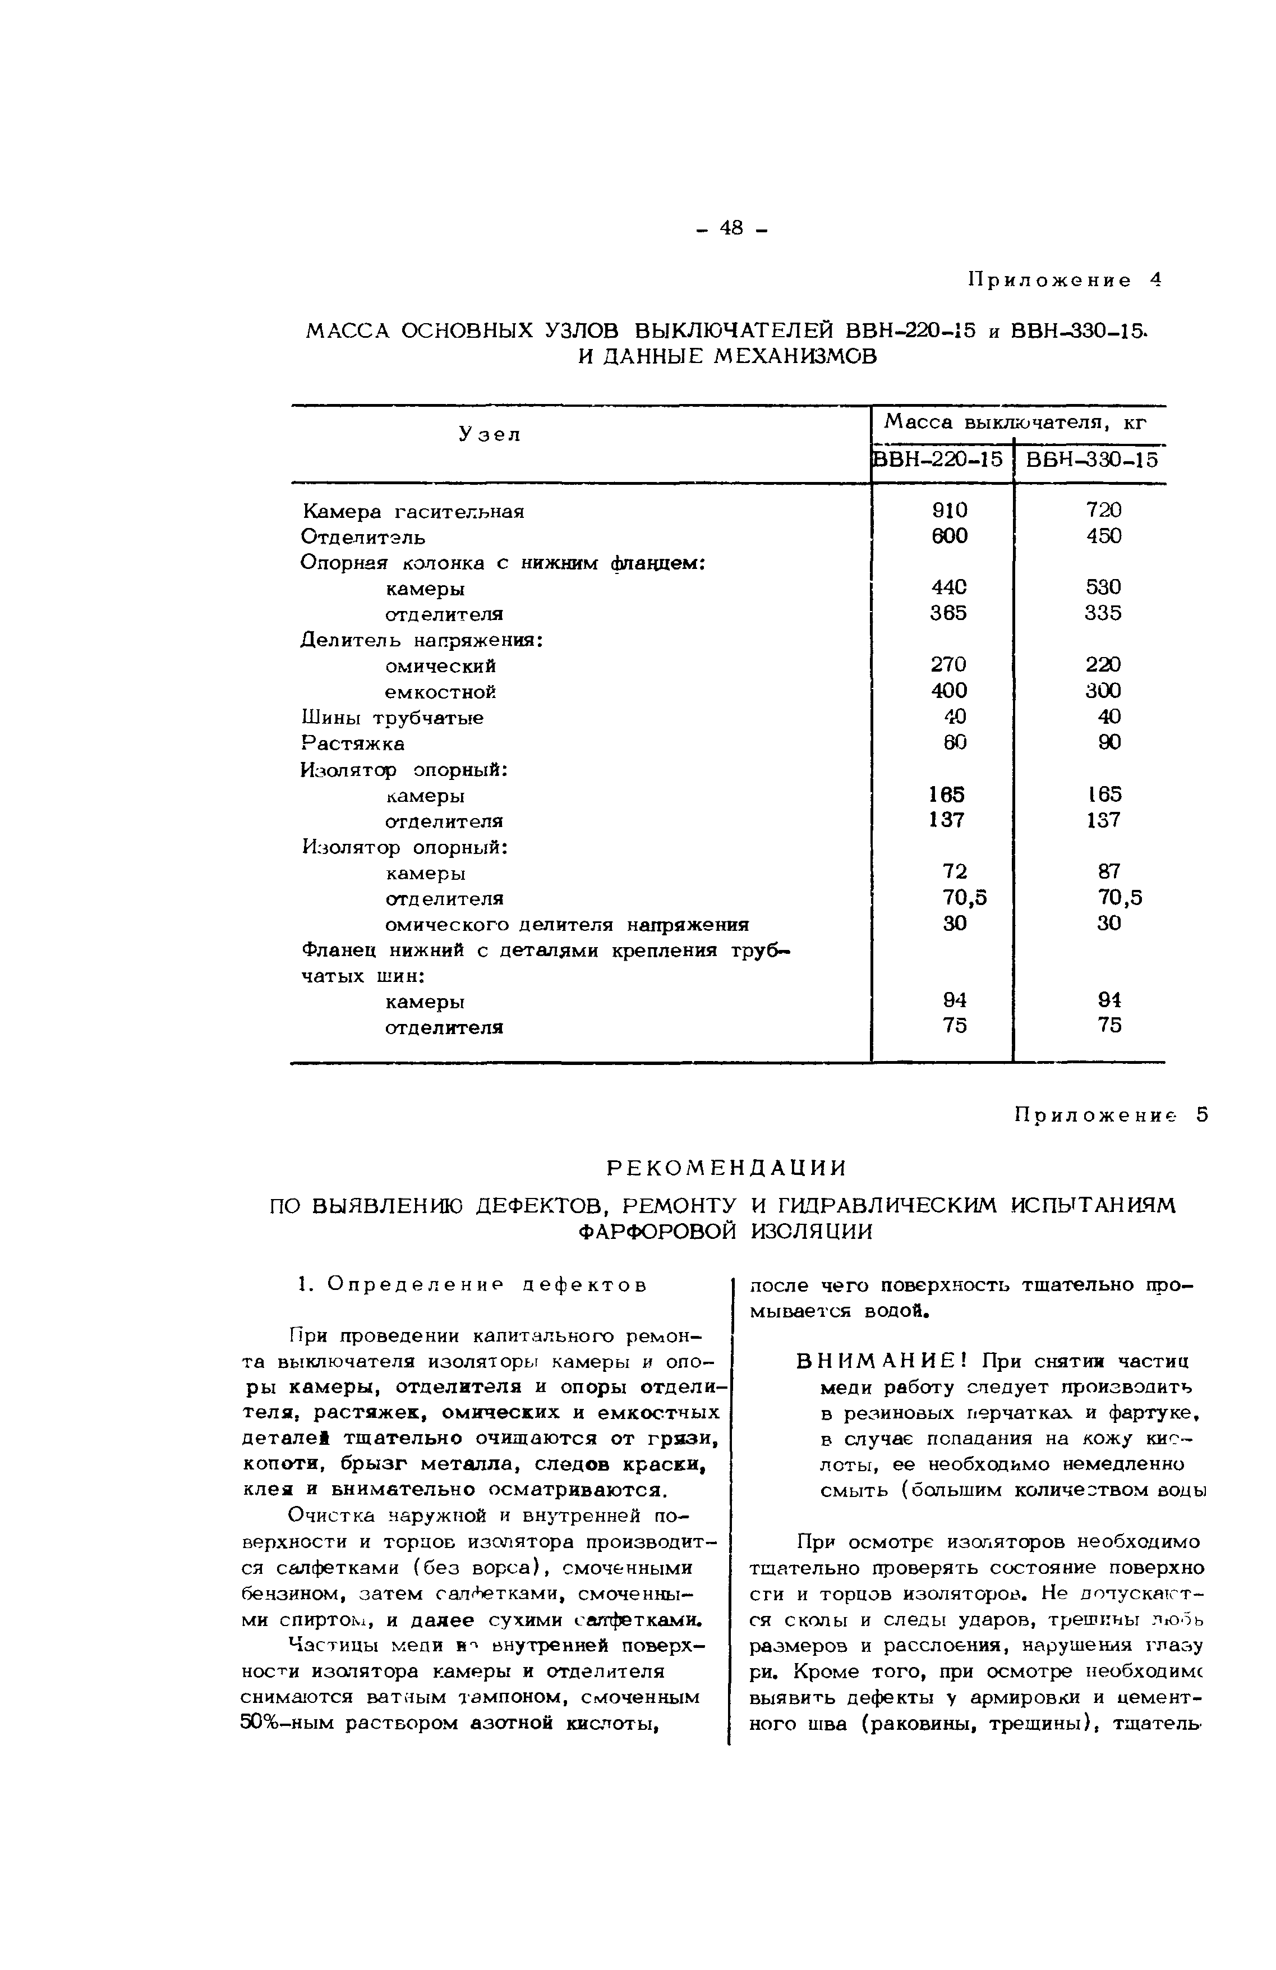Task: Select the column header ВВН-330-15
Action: coord(1091,460)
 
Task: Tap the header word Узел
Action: coord(490,434)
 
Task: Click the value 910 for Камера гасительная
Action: coord(949,511)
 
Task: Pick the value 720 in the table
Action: coord(1104,511)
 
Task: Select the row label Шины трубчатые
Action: coord(391,718)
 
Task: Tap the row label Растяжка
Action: coord(353,743)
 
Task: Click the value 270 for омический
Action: coord(949,665)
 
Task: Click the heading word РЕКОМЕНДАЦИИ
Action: coord(726,1169)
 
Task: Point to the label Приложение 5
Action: coord(1109,1116)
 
